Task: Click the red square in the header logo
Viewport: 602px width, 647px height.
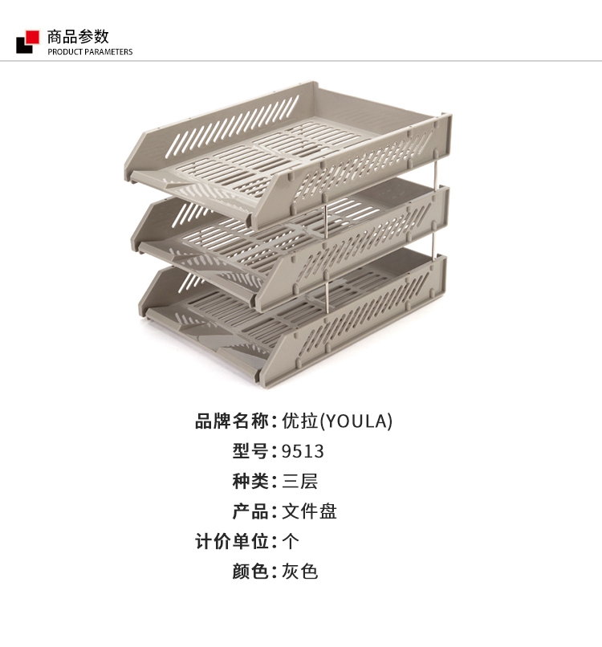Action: click(33, 35)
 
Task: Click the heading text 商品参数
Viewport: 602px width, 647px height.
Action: click(78, 36)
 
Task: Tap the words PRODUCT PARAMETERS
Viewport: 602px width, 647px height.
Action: click(90, 52)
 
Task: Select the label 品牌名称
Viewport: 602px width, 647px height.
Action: click(232, 421)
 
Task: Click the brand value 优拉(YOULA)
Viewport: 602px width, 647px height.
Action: click(337, 421)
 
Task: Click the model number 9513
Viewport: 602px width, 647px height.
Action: click(303, 451)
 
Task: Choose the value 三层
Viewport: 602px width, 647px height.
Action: click(300, 482)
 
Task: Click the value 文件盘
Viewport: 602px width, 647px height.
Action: click(309, 511)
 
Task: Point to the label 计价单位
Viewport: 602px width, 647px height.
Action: click(232, 541)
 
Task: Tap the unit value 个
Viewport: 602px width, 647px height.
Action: click(291, 541)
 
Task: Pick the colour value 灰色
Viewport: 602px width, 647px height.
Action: click(300, 572)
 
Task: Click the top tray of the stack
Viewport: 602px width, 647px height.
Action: click(289, 140)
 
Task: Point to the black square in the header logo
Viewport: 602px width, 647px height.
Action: click(23, 47)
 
